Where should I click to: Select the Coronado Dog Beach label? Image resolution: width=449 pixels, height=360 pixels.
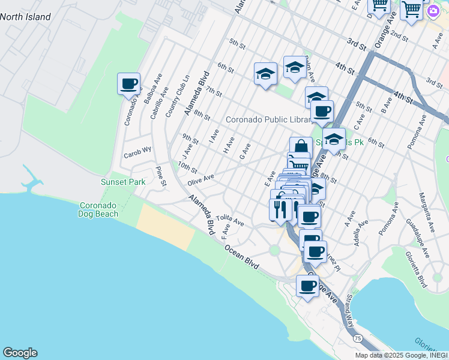coord(99,209)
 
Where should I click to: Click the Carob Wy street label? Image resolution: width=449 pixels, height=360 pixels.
coord(137,153)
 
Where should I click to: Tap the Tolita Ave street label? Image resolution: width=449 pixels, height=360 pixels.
coord(231,220)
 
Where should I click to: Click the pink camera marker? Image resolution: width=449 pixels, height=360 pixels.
coord(433,11)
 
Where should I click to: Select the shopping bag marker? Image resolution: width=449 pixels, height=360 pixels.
coord(300,147)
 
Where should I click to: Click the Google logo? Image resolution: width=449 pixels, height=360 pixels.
coord(20,353)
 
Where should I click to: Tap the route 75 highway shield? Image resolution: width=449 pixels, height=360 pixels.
coord(358,338)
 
